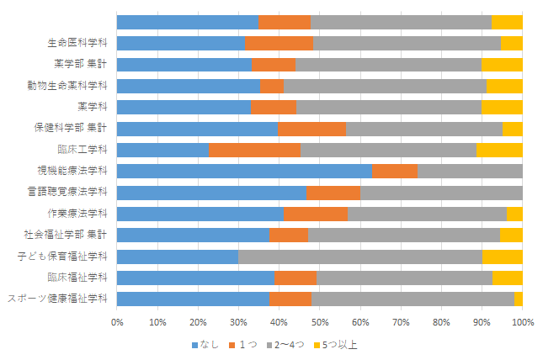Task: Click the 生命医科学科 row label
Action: coord(77,43)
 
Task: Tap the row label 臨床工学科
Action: coord(83,150)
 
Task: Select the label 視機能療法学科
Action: coord(72,171)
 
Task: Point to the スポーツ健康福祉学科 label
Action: coord(57,299)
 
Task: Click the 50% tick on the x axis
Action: coord(320,323)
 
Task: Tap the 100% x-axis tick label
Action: coord(523,323)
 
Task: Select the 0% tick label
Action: coord(117,323)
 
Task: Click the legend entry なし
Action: coord(205,345)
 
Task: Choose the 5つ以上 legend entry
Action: coord(335,345)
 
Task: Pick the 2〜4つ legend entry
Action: coord(285,345)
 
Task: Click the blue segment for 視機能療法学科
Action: coord(244,171)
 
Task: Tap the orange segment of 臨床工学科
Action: coord(254,150)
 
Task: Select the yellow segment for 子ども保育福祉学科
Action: coord(503,257)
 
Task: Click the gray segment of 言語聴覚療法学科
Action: coord(441,193)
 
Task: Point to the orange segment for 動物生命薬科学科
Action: coord(272,86)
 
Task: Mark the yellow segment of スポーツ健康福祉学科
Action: coord(519,299)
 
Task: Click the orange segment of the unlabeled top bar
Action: coord(285,22)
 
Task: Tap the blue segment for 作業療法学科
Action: coord(200,214)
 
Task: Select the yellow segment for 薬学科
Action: coord(502,108)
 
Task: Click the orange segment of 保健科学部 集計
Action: coord(311,129)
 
